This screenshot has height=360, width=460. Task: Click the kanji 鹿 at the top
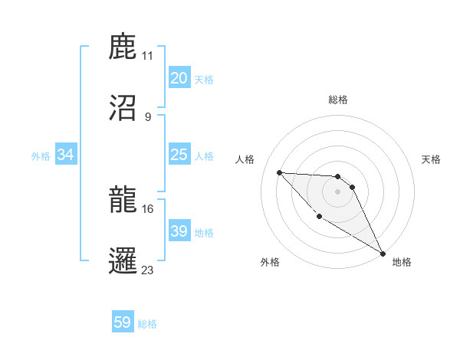coord(123,47)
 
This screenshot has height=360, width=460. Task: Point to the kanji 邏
coord(123,260)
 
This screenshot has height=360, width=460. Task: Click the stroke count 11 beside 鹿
coord(148,56)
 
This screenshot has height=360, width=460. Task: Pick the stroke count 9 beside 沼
coord(148,116)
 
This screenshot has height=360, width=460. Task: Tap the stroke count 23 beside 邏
coord(148,270)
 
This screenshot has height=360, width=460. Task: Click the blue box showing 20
coord(179,78)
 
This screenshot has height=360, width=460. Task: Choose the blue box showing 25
coord(179,155)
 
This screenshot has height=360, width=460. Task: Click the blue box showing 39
coord(179,231)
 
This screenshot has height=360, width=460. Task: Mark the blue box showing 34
coord(66,155)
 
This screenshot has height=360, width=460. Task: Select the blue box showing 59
coord(123,323)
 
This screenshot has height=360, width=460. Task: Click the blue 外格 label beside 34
coord(41,156)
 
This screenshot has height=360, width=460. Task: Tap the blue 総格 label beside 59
coord(147,324)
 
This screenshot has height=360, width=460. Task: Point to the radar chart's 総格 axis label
coord(338,100)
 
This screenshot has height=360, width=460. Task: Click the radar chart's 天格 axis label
coord(432,159)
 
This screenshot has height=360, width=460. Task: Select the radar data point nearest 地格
coord(383,254)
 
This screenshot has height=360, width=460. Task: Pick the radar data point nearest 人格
coord(279,172)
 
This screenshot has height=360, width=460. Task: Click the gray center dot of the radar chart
coord(338,191)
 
